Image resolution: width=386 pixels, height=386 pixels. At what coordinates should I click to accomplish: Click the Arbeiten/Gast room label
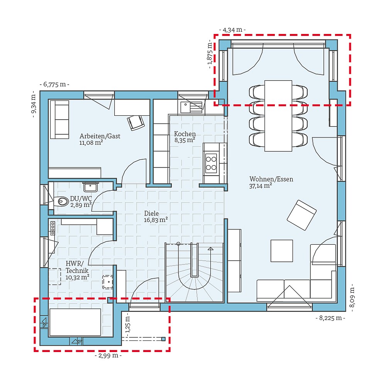point(100,136)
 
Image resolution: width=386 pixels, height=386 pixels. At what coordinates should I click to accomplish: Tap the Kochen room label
point(185,134)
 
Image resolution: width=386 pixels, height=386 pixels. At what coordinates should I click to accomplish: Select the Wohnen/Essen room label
point(271,179)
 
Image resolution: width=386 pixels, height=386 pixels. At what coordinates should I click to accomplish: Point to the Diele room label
point(151,213)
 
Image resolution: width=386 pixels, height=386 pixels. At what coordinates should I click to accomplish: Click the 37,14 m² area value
point(261,186)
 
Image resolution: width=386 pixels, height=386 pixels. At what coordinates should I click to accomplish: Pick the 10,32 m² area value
point(78,276)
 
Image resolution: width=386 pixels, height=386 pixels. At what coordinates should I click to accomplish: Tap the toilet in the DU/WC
point(62,201)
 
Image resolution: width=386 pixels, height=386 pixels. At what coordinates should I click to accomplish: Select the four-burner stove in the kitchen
point(211,163)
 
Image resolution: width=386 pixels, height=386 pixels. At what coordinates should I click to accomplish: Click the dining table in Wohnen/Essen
point(278,116)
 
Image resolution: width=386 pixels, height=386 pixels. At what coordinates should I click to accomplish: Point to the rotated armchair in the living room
point(301,215)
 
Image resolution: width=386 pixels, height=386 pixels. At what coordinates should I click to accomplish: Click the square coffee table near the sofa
point(281,251)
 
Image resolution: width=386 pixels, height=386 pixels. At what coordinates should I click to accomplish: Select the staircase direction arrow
point(210,249)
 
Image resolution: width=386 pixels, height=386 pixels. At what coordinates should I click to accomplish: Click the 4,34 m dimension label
point(232,30)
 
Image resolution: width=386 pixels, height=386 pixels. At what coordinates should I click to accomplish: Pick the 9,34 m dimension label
point(34,104)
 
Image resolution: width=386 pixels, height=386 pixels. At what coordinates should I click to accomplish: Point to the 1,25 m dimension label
point(128,323)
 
